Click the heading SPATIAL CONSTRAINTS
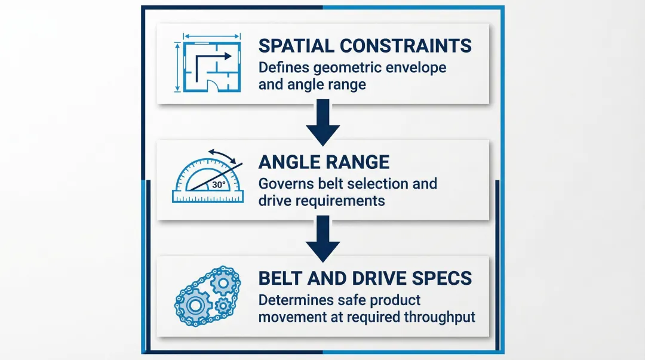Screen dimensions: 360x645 (364, 45)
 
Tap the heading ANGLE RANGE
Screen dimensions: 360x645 (324, 161)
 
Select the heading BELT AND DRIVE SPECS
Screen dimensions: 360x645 (365, 278)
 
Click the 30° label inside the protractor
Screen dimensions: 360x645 (219, 184)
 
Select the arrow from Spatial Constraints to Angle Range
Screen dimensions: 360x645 (322, 121)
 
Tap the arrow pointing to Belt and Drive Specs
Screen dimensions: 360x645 (322, 238)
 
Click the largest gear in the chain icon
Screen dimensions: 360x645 (195, 305)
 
